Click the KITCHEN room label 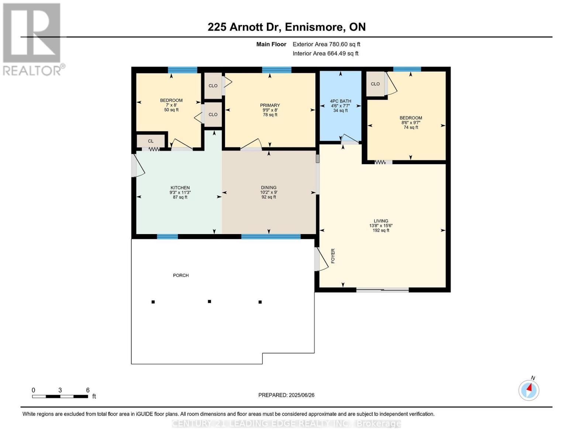[x=180, y=188]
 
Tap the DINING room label [x=269, y=188]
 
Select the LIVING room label [x=381, y=221]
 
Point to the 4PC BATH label [x=340, y=101]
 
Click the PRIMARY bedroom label [x=270, y=105]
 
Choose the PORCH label [x=181, y=275]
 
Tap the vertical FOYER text [x=333, y=256]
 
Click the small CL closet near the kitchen [x=151, y=141]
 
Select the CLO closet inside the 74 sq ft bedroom [x=375, y=84]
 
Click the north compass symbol [x=529, y=390]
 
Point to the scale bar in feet [x=60, y=396]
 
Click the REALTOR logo [x=32, y=39]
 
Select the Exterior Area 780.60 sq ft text [x=326, y=44]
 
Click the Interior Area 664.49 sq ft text [x=325, y=54]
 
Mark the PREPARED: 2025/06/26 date [x=286, y=395]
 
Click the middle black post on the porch [x=209, y=302]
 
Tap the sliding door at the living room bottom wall [x=382, y=290]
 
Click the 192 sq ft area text [x=381, y=230]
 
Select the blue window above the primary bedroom [x=276, y=70]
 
